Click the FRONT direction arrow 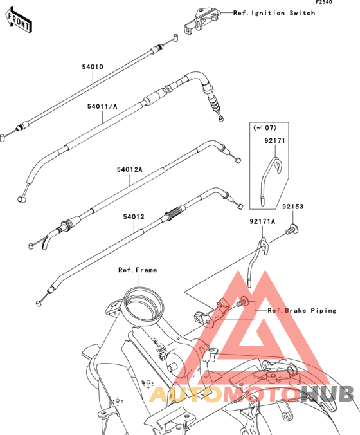19,20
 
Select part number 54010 93,67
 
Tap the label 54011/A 102,107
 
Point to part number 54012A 129,169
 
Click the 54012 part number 134,217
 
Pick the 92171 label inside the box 274,141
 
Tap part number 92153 293,207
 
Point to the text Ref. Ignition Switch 274,13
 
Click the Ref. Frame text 138,270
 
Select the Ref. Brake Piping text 301,310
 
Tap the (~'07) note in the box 265,128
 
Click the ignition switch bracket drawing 202,21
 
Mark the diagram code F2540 324,2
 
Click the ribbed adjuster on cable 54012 175,212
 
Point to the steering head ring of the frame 143,304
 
